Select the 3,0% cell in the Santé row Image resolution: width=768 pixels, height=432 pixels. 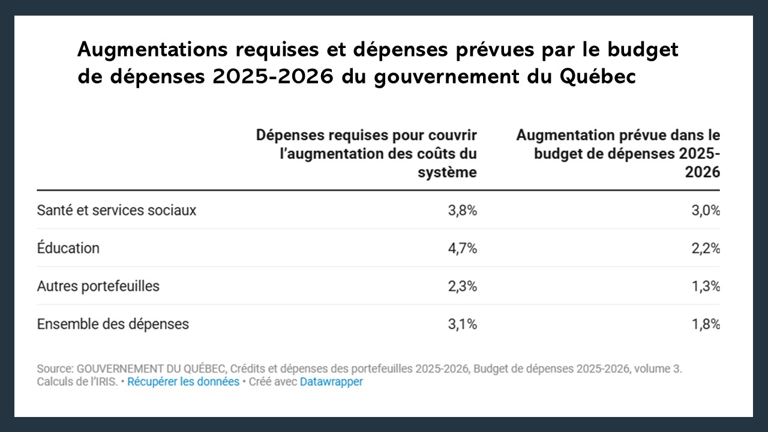point(705,211)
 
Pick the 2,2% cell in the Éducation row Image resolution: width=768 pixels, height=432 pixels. point(705,248)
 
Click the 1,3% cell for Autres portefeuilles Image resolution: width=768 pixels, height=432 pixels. point(705,286)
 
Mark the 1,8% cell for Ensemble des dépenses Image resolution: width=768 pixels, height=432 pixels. point(705,324)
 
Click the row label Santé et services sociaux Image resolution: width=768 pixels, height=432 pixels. point(116,211)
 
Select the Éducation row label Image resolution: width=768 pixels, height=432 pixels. point(68,248)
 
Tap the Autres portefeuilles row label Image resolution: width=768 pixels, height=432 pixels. point(98,286)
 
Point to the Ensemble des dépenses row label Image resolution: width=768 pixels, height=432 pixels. point(113,324)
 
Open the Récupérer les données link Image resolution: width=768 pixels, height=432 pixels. point(183,382)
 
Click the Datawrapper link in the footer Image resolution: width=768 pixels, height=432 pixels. point(331,382)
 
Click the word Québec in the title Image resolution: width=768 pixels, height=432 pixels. point(596,77)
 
